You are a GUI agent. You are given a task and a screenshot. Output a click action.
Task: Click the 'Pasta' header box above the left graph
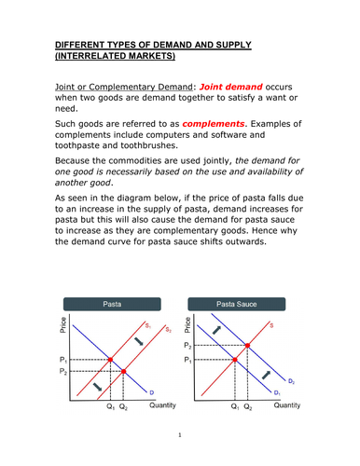110,304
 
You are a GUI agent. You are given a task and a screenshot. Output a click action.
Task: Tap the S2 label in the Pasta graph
168,329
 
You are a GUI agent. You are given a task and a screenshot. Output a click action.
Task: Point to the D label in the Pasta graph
151,392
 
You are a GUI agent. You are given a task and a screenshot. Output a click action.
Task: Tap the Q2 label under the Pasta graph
125,408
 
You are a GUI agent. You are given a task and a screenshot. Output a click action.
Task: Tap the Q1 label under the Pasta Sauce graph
233,408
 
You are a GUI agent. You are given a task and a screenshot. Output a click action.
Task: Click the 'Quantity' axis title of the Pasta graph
163,406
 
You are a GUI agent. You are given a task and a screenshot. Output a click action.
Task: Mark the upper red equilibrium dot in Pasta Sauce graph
247,345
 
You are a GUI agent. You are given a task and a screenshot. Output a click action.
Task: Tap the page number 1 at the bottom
179,435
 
